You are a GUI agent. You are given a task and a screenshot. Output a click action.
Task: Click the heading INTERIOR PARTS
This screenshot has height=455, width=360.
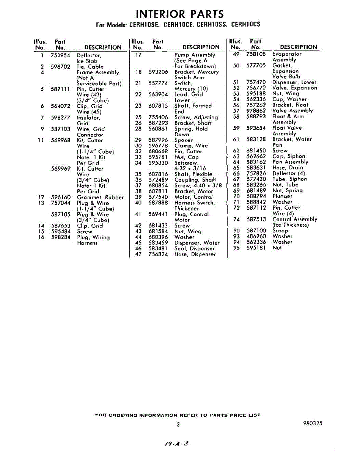click(180, 14)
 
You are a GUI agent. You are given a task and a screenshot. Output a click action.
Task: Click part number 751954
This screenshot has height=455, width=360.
click(61, 55)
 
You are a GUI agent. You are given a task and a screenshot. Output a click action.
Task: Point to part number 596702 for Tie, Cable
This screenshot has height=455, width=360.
click(61, 66)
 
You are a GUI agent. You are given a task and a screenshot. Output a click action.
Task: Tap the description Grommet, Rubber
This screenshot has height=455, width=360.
click(100, 197)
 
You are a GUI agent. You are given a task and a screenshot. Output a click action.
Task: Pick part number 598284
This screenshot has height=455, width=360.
click(61, 237)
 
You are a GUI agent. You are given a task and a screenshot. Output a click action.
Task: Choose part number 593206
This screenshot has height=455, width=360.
click(158, 72)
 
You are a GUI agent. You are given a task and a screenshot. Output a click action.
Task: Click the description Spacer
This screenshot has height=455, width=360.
click(184, 140)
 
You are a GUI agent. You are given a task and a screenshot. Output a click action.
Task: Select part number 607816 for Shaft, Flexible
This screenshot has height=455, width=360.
click(158, 174)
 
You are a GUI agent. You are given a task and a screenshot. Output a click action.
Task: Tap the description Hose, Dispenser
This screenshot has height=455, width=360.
click(195, 254)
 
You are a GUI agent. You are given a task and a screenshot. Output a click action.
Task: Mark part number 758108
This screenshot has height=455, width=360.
click(256, 54)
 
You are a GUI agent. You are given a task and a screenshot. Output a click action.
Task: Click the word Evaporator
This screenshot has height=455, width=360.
click(287, 54)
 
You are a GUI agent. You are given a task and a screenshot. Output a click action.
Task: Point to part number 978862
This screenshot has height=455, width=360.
click(256, 111)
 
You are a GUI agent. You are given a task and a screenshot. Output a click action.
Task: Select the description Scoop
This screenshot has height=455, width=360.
click(280, 230)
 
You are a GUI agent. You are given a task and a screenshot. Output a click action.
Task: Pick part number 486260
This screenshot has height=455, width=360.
click(256, 236)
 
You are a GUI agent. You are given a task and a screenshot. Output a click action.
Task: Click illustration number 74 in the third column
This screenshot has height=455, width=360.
click(236, 219)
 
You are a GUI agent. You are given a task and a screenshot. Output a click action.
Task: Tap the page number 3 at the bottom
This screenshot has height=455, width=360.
click(178, 424)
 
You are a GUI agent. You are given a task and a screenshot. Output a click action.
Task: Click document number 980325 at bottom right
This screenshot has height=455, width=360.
click(313, 424)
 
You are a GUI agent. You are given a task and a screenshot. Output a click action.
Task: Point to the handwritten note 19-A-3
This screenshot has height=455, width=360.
click(175, 442)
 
